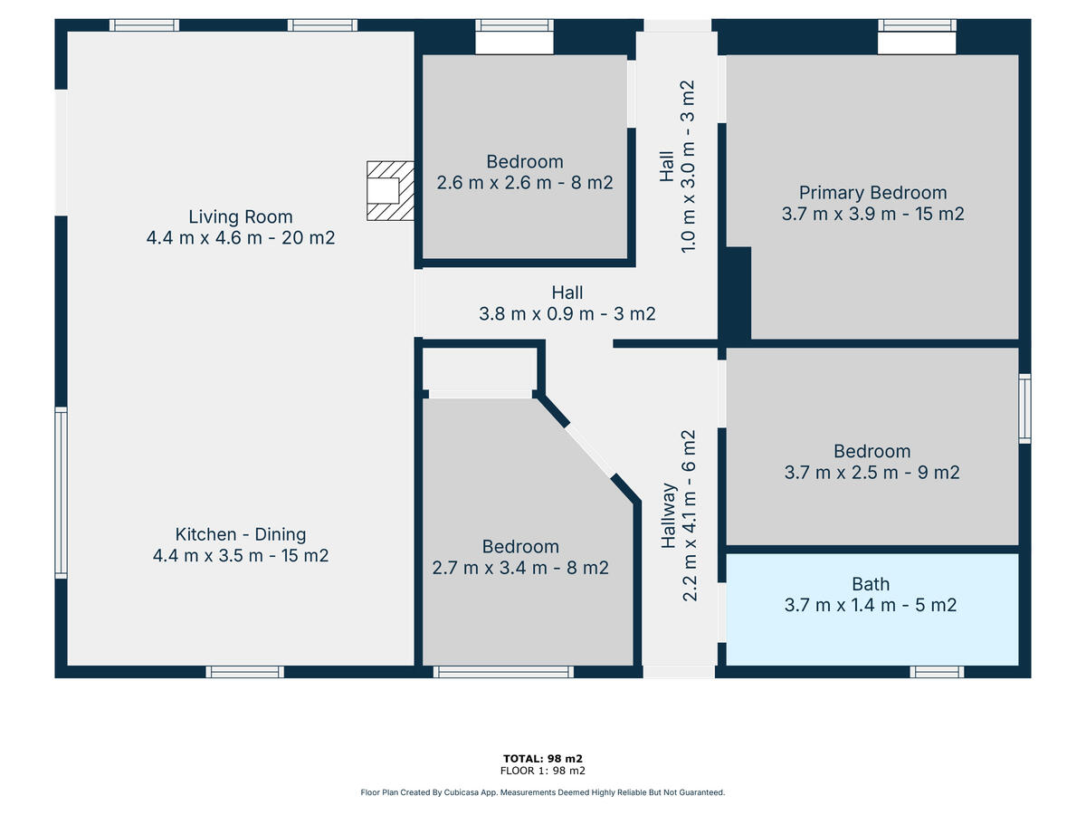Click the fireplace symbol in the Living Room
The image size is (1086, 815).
click(390, 190)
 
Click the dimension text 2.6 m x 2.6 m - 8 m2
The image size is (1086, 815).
click(524, 183)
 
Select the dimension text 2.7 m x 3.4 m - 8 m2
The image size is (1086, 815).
click(520, 568)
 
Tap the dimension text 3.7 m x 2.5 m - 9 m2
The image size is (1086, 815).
click(872, 473)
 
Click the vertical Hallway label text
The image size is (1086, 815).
click(669, 515)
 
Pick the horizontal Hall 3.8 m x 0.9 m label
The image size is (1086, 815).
click(567, 303)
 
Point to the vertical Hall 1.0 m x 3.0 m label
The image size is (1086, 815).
click(677, 167)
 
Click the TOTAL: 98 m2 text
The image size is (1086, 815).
click(543, 759)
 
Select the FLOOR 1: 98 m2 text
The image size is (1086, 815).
click(543, 771)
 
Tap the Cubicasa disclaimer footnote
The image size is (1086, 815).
click(543, 792)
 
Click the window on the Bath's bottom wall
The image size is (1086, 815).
click(937, 672)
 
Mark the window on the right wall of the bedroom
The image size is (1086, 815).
click(1024, 408)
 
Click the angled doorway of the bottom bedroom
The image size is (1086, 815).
click(590, 451)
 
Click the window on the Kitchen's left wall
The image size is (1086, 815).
click(61, 493)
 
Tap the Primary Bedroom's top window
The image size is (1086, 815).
click(917, 25)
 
